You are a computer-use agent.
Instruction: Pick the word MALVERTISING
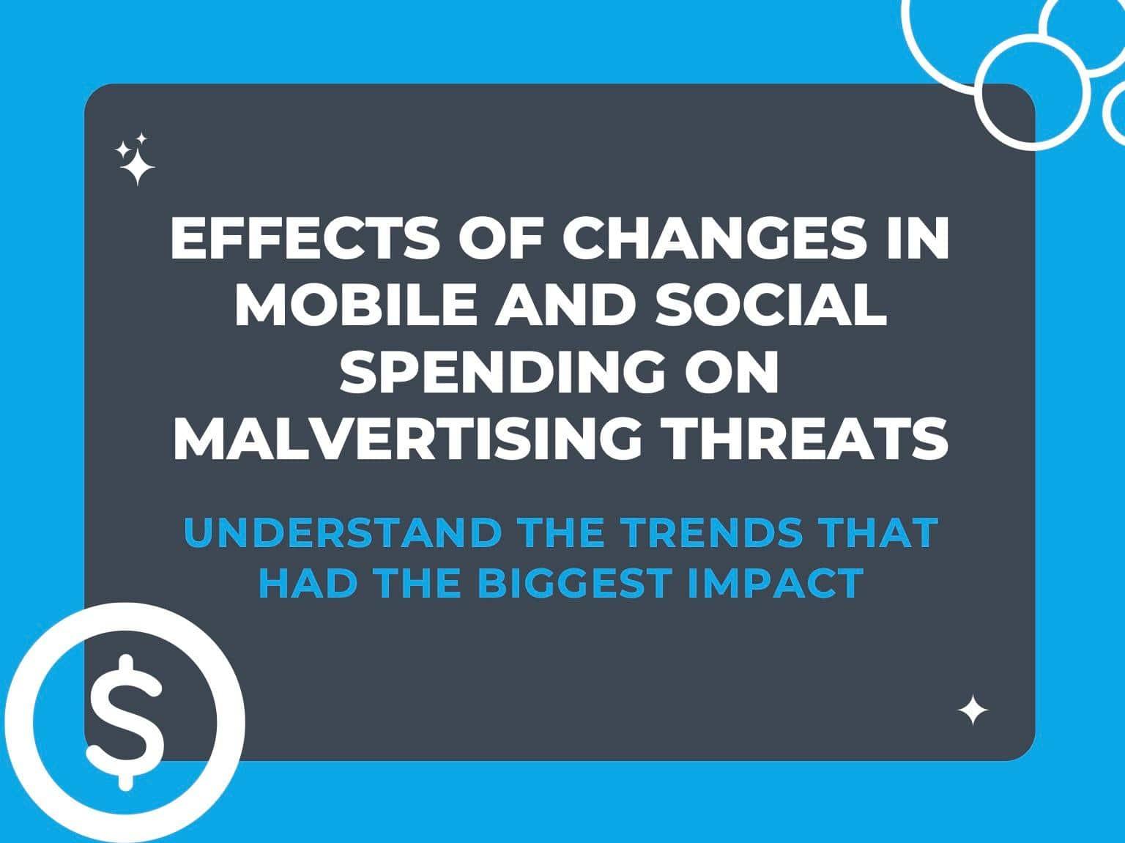[x=407, y=439]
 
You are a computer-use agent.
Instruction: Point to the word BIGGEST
[x=574, y=583]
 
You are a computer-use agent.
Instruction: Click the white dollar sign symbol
[x=125, y=722]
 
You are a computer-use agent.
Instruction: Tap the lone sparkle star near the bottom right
[x=973, y=710]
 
